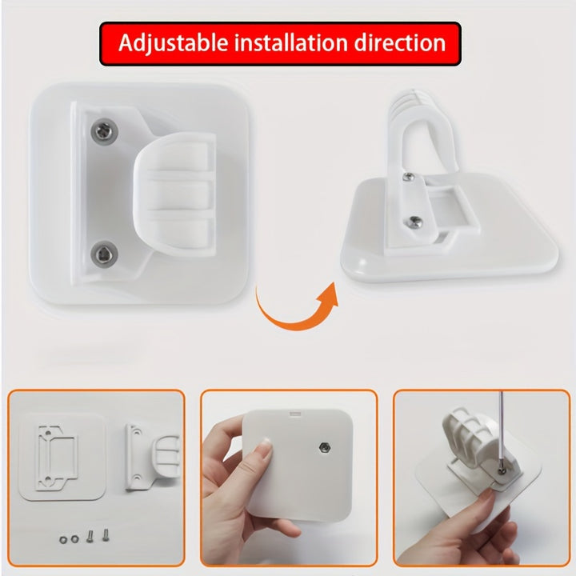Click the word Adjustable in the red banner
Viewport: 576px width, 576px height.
173,44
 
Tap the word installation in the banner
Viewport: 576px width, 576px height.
290,42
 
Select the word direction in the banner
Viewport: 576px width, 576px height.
400,42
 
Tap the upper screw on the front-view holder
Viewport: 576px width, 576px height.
104,130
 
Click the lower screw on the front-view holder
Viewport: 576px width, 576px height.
104,253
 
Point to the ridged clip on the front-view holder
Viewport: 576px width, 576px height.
175,194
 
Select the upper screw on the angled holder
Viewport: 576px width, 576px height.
409,177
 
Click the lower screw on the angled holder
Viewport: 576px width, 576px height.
415,221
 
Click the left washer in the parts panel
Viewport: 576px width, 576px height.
63,539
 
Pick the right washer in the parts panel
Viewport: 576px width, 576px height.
74,539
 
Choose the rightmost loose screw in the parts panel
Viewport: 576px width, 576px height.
106,534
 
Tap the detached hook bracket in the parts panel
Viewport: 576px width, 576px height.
152,456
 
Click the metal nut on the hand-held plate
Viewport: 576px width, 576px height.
324,447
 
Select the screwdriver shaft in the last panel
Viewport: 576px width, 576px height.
500,430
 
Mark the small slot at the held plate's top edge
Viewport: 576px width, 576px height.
295,414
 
